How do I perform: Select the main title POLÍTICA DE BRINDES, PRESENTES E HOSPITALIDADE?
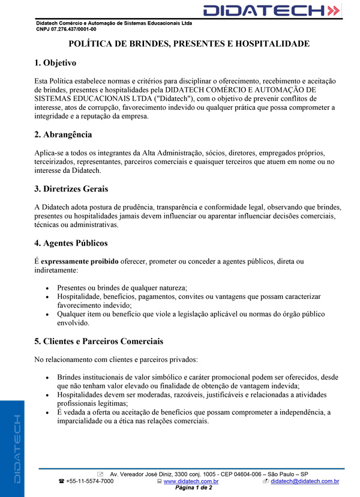coord(189,44)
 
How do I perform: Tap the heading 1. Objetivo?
coord(55,63)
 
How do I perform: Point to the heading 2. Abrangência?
coord(63,134)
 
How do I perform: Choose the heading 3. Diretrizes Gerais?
coord(71,189)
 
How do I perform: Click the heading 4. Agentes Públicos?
coord(71,243)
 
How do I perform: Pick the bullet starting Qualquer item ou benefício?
coord(191,314)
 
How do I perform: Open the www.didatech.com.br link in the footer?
coord(190,481)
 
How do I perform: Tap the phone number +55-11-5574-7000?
coord(89,481)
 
